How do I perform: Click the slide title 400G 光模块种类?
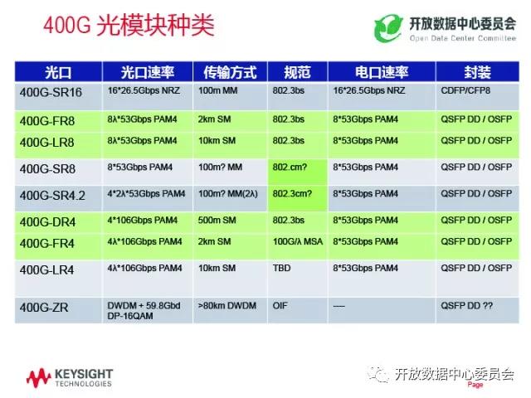129,25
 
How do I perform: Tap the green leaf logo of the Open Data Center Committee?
388,28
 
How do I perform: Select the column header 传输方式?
230,72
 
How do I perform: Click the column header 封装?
477,72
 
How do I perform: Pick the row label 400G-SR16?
51,92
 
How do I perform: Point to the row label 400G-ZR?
44,308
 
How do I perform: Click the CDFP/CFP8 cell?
465,90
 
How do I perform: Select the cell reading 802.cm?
290,167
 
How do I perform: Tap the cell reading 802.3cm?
292,193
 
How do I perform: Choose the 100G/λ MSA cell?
298,241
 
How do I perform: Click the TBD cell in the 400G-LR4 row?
282,268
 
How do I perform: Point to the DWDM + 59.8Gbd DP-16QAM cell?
144,311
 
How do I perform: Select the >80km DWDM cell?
227,306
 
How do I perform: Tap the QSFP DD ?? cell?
466,306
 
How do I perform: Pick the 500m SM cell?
217,221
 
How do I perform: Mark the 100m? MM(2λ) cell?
228,194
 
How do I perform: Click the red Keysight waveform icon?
38,378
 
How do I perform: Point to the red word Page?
475,385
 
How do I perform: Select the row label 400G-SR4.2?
52,196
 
